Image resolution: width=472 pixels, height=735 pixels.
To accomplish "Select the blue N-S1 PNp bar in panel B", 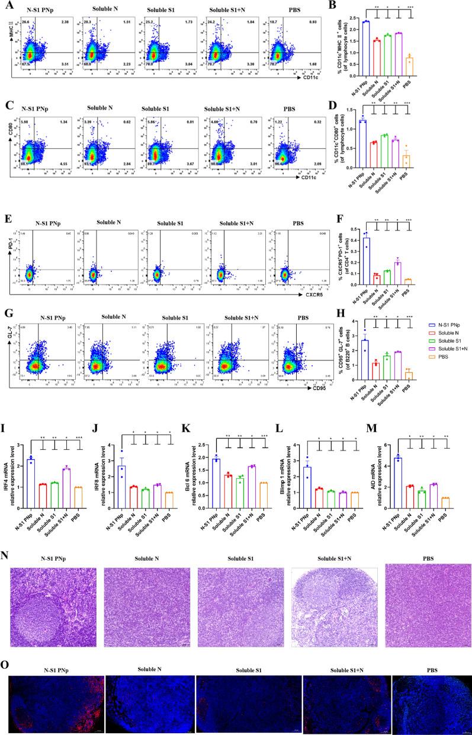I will coord(367,47).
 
